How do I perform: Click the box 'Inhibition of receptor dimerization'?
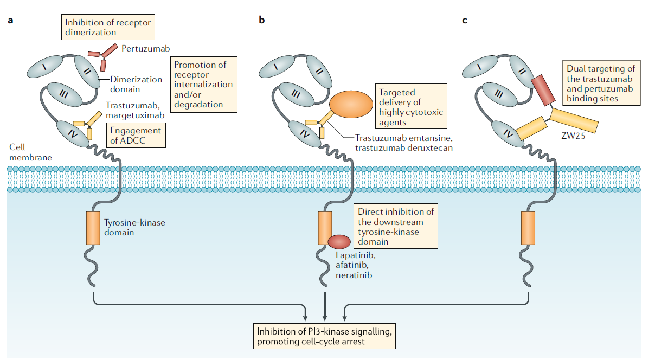[107, 28]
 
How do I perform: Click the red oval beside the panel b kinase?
[339, 241]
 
